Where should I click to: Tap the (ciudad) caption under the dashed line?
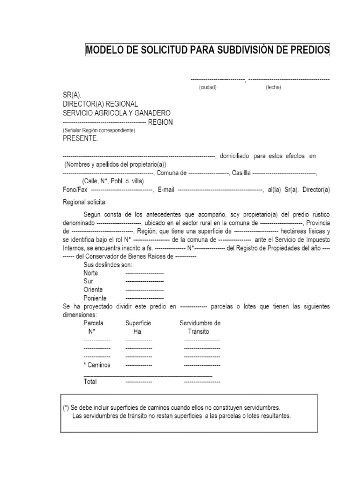(x=207, y=88)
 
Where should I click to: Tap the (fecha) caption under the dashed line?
(x=273, y=88)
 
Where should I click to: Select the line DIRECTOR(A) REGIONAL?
(x=100, y=104)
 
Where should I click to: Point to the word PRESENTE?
(x=81, y=139)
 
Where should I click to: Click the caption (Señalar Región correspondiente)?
(x=99, y=130)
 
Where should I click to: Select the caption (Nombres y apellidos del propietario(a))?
(x=115, y=165)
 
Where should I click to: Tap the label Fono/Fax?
(x=75, y=190)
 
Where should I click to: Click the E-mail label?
(x=166, y=190)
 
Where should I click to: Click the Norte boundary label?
(x=91, y=273)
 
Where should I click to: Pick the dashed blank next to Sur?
(x=144, y=281)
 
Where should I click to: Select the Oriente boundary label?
(x=93, y=290)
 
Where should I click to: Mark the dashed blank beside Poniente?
(x=144, y=298)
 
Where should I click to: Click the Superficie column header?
(x=138, y=323)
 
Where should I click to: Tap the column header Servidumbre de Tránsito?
(x=200, y=327)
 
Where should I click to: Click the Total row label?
(x=90, y=382)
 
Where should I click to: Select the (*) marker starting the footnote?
(x=66, y=408)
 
